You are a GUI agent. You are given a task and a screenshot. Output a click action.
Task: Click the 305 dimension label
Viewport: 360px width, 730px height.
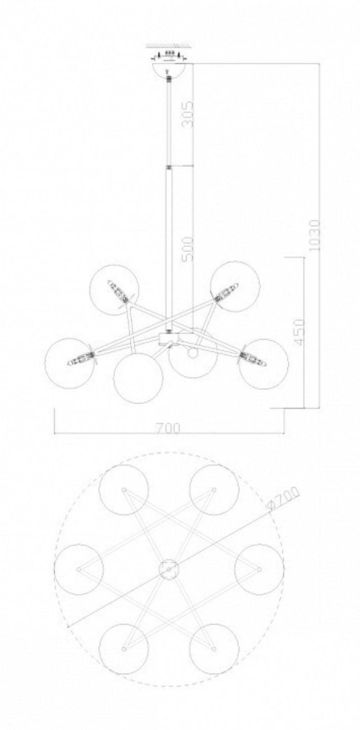[x=187, y=114]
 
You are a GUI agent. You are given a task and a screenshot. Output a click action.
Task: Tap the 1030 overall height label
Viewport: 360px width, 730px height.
[x=314, y=235]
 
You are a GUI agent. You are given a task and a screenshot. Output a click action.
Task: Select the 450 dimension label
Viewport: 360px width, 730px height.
[x=299, y=332]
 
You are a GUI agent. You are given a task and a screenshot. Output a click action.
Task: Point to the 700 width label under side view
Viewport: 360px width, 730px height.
[x=168, y=428]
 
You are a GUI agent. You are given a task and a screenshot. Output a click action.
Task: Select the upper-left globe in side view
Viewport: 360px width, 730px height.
[x=114, y=290]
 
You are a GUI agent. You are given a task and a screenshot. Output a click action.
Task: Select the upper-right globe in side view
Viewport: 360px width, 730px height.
[x=235, y=286]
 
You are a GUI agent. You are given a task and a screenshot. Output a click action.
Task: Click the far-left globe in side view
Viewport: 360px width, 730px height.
[x=69, y=363]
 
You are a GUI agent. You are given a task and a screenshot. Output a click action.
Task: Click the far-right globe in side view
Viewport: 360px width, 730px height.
[x=264, y=364]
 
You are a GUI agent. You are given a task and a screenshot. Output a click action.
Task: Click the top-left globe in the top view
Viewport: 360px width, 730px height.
[x=123, y=490]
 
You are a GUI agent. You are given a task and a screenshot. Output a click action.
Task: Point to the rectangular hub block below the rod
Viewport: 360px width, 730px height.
[x=168, y=339]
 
